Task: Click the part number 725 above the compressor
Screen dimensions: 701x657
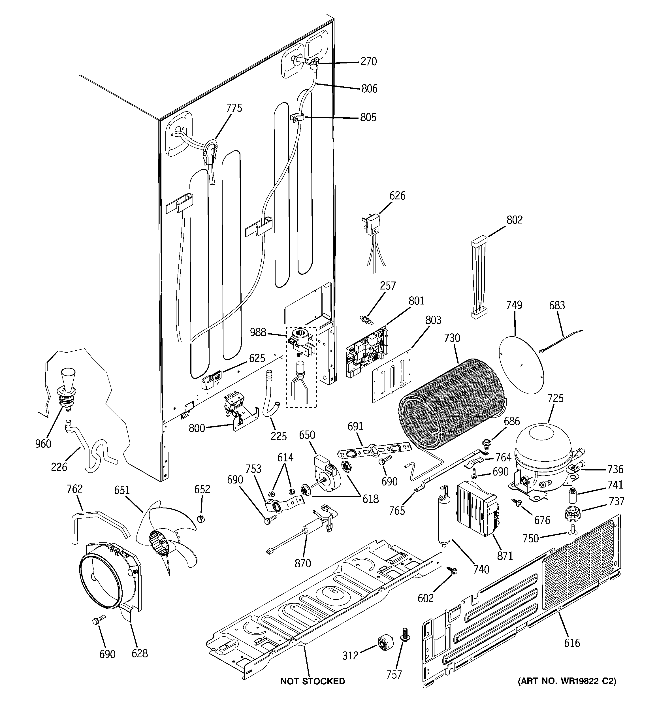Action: pos(555,399)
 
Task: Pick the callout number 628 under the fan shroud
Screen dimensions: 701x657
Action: pos(140,653)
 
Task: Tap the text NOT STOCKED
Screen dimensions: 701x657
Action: pos(312,681)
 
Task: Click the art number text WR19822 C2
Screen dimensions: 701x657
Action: pos(567,681)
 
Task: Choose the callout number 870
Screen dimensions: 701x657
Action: pos(302,563)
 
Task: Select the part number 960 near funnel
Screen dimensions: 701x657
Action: pos(43,444)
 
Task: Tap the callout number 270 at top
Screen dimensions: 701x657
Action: pos(368,62)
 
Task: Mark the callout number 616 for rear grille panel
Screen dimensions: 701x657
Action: pos(572,643)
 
